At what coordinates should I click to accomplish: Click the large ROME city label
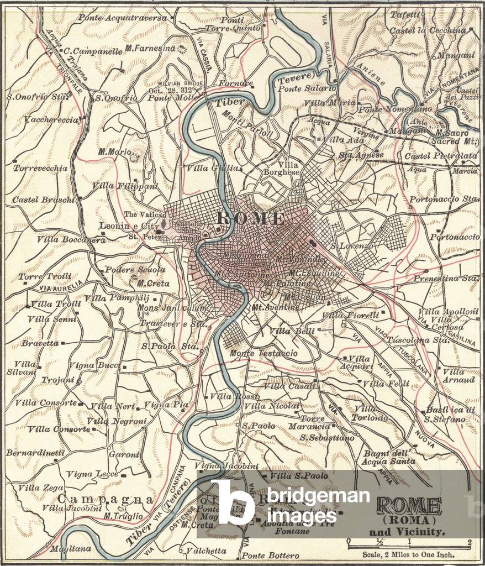click(252, 218)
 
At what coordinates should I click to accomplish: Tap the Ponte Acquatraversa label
click(122, 18)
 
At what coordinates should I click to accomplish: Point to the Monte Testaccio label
click(263, 353)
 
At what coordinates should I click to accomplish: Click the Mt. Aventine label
click(275, 307)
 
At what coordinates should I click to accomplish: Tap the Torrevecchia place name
click(41, 167)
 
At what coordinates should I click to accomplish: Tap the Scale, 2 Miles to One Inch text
click(408, 555)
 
